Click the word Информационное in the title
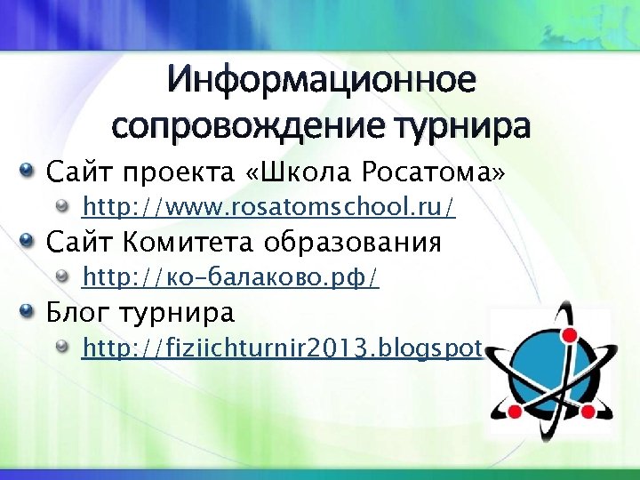[321, 82]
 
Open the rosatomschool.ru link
[268, 208]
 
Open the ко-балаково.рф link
[230, 278]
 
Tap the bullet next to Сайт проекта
[28, 169]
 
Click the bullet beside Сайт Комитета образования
[28, 242]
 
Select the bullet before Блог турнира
[28, 313]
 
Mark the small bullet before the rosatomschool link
[63, 207]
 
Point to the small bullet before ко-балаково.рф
[63, 277]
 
